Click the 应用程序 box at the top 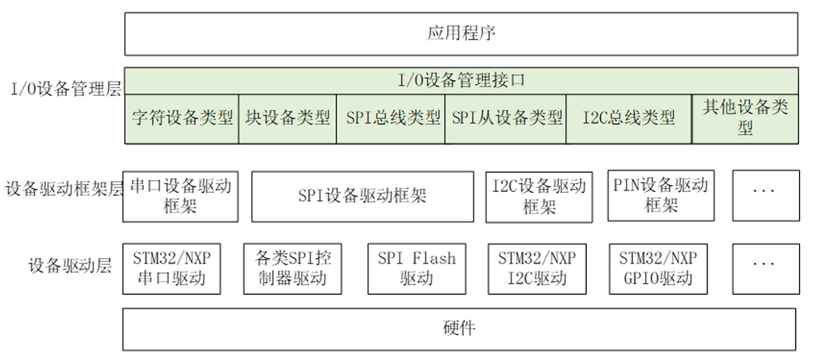tap(461, 33)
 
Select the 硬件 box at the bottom tap(459, 328)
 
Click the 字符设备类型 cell tap(182, 117)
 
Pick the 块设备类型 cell tap(288, 117)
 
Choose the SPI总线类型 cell tap(390, 117)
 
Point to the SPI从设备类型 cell tap(506, 117)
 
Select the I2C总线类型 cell tap(628, 117)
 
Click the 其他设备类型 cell tap(745, 117)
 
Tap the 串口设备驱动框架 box tap(180, 196)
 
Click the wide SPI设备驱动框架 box tap(362, 196)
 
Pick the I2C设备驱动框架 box tap(539, 196)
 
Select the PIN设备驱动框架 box tap(661, 195)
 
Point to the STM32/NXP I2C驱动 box tap(537, 269)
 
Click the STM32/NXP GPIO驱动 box tap(658, 269)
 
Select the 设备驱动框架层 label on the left tap(63, 189)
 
